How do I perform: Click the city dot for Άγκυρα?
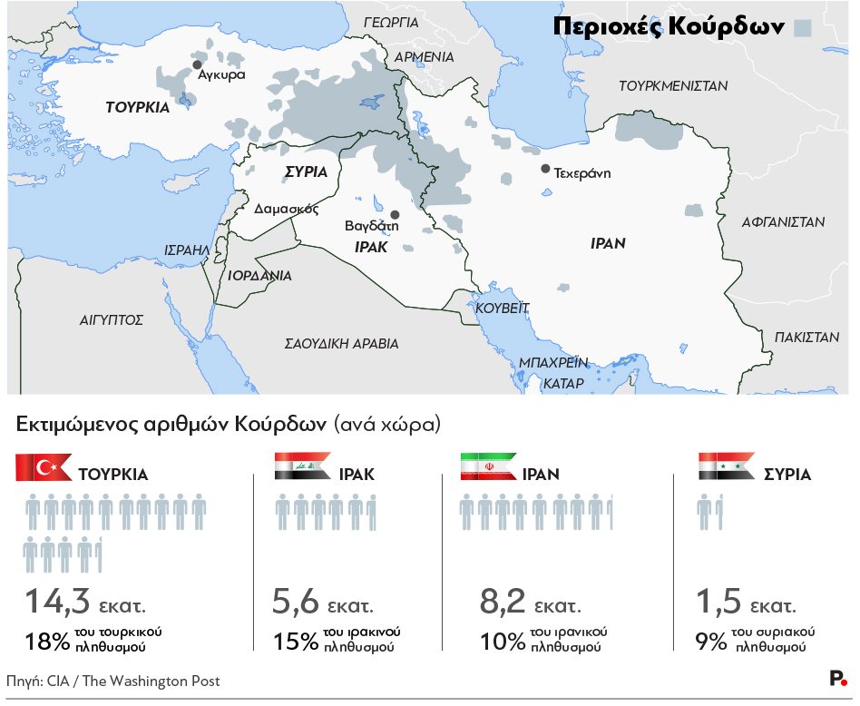coord(196,65)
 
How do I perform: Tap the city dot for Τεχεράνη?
coord(544,169)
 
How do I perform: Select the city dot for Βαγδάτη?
coord(394,214)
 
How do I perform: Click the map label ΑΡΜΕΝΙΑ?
coord(424,56)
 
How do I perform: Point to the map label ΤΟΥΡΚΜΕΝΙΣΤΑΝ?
coord(673,86)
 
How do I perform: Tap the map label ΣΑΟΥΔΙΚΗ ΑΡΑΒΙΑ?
coord(341,344)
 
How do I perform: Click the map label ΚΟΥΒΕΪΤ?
coord(503,308)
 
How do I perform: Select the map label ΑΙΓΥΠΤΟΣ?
coord(112,319)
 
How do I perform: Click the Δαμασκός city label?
coord(286,208)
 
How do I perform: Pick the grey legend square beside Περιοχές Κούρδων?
coord(802,27)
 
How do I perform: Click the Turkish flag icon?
coord(44,467)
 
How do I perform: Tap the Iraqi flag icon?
coord(302,467)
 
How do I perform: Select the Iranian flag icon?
coord(488,467)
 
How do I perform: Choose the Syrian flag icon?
coord(726,467)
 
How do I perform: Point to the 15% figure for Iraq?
coord(295,642)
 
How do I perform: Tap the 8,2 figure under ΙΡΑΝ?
coord(501,602)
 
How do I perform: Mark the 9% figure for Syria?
coord(709,642)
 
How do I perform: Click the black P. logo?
coord(838,679)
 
